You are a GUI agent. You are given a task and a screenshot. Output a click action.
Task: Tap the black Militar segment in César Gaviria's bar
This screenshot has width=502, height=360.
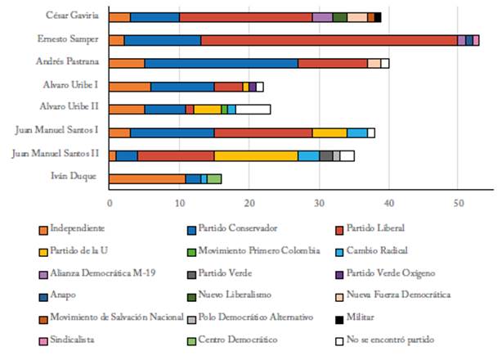(x=378, y=16)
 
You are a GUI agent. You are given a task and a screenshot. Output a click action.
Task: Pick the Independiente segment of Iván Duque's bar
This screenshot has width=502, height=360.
(x=147, y=178)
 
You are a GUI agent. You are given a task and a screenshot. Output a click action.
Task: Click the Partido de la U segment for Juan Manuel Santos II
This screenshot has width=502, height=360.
(x=256, y=155)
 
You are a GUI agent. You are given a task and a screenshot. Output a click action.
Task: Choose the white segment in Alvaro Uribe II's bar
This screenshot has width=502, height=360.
(x=253, y=109)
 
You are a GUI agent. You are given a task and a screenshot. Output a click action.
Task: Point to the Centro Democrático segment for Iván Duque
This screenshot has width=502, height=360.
(x=214, y=178)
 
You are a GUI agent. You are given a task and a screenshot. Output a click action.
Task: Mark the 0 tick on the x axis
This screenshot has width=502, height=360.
(x=110, y=199)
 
